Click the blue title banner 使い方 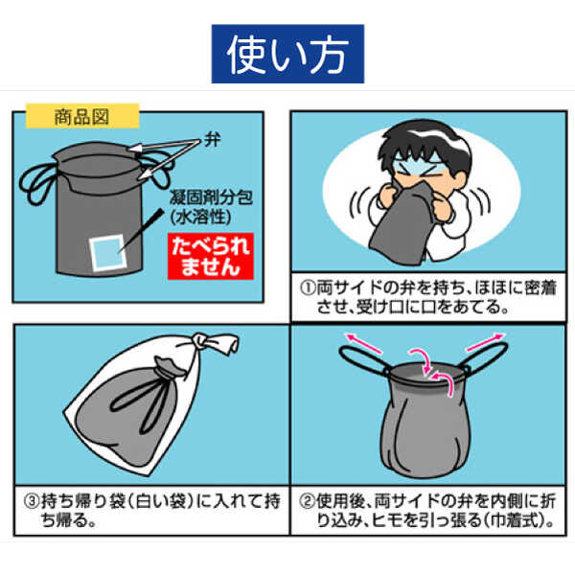pyautogui.click(x=287, y=54)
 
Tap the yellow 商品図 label pyautogui.click(x=82, y=117)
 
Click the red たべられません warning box pyautogui.click(x=211, y=256)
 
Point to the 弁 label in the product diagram pyautogui.click(x=212, y=140)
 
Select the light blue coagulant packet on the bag pyautogui.click(x=108, y=253)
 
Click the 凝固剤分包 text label pyautogui.click(x=211, y=198)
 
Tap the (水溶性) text pyautogui.click(x=201, y=218)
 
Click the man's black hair pyautogui.click(x=425, y=145)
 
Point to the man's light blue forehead pyautogui.click(x=422, y=165)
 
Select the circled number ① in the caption pyautogui.click(x=308, y=287)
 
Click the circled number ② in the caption pyautogui.click(x=307, y=501)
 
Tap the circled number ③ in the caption pyautogui.click(x=32, y=501)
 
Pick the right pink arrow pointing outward pyautogui.click(x=485, y=342)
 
